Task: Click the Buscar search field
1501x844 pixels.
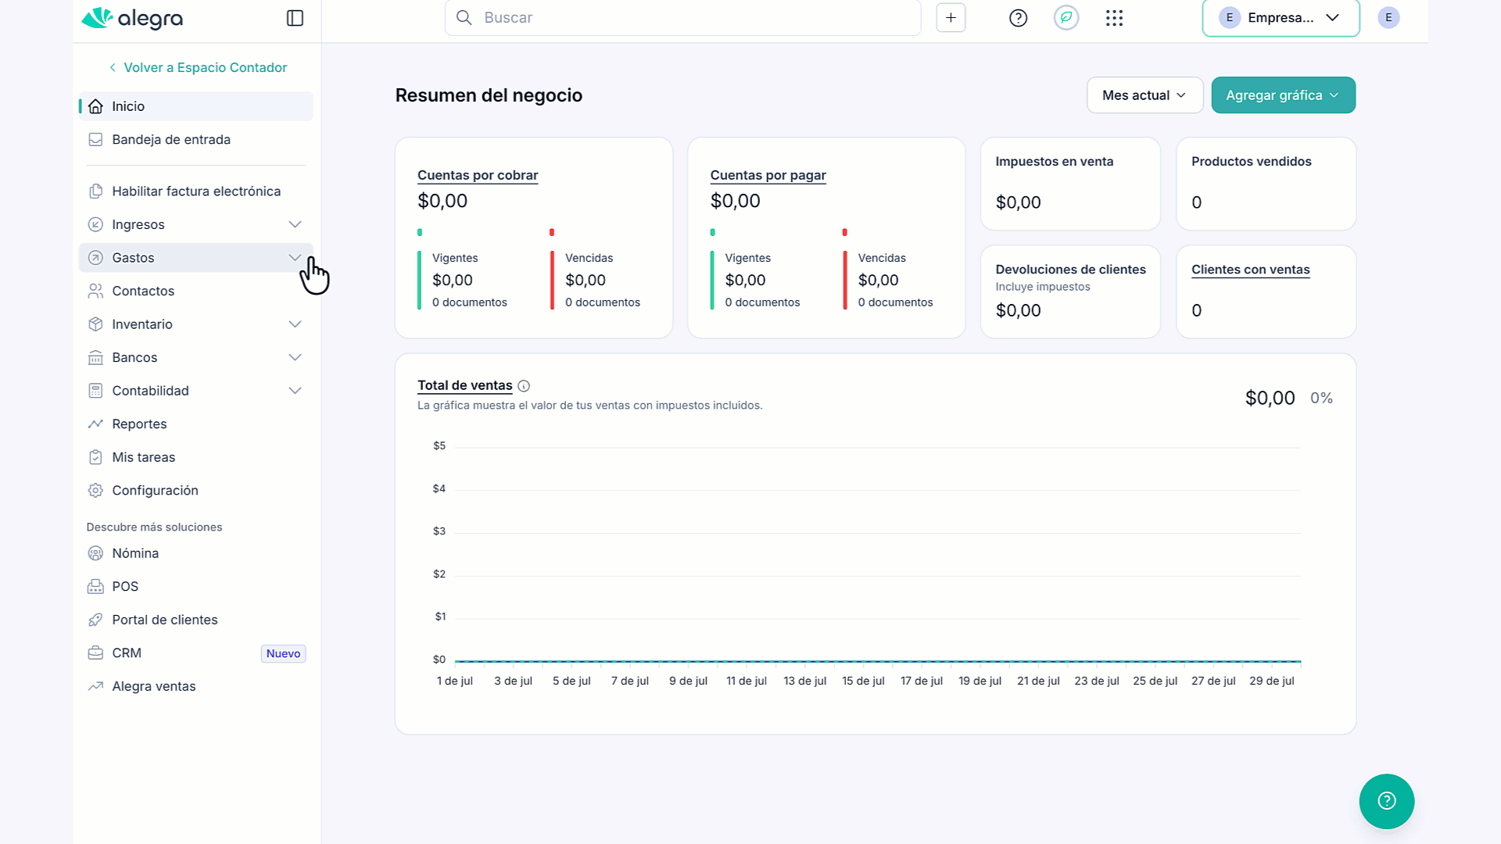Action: click(682, 17)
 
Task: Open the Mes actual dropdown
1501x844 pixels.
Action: click(1145, 95)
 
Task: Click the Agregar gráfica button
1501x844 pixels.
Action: click(1283, 95)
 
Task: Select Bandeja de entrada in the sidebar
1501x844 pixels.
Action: click(171, 140)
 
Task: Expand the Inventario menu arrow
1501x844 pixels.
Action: click(295, 324)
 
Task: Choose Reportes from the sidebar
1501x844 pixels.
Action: click(139, 424)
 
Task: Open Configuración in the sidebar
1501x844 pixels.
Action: click(155, 491)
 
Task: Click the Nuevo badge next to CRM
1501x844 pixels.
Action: click(283, 653)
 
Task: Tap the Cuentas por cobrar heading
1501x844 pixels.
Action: click(478, 175)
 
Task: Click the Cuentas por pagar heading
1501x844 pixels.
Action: click(768, 175)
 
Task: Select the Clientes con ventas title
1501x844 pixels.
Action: click(1250, 270)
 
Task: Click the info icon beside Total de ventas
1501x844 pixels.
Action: click(524, 386)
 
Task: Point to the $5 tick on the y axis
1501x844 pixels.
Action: click(439, 445)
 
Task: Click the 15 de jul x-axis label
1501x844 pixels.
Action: click(863, 681)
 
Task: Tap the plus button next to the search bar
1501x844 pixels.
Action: click(951, 18)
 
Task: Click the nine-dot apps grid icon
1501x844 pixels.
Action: click(1114, 18)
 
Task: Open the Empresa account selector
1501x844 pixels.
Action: click(1281, 18)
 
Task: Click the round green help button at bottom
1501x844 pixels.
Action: click(1386, 801)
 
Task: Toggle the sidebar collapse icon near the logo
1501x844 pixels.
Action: click(295, 18)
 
